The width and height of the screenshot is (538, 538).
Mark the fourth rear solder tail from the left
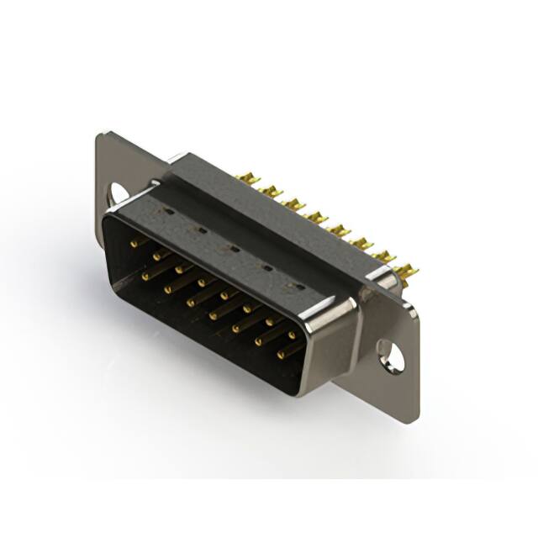click(316, 217)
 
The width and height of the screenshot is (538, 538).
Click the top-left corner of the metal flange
click(101, 135)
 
